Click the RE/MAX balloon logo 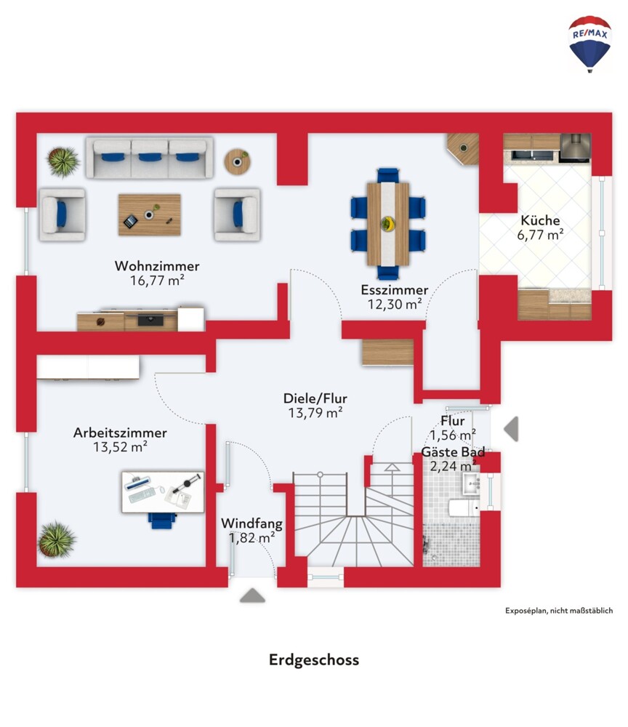click(589, 44)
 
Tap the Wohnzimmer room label click(157, 265)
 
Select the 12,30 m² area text click(395, 304)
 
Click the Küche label click(540, 220)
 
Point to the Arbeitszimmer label click(120, 433)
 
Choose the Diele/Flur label click(315, 398)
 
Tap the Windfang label click(251, 523)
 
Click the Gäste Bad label click(453, 451)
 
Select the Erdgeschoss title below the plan click(314, 660)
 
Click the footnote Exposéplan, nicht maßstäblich click(559, 611)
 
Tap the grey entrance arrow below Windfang click(253, 595)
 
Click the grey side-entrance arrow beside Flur click(511, 428)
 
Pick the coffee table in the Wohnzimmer click(149, 214)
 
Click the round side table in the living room click(237, 162)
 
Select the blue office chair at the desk click(163, 521)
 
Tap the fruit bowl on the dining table click(388, 224)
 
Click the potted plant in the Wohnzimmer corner click(63, 162)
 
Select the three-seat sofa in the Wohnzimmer click(149, 158)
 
